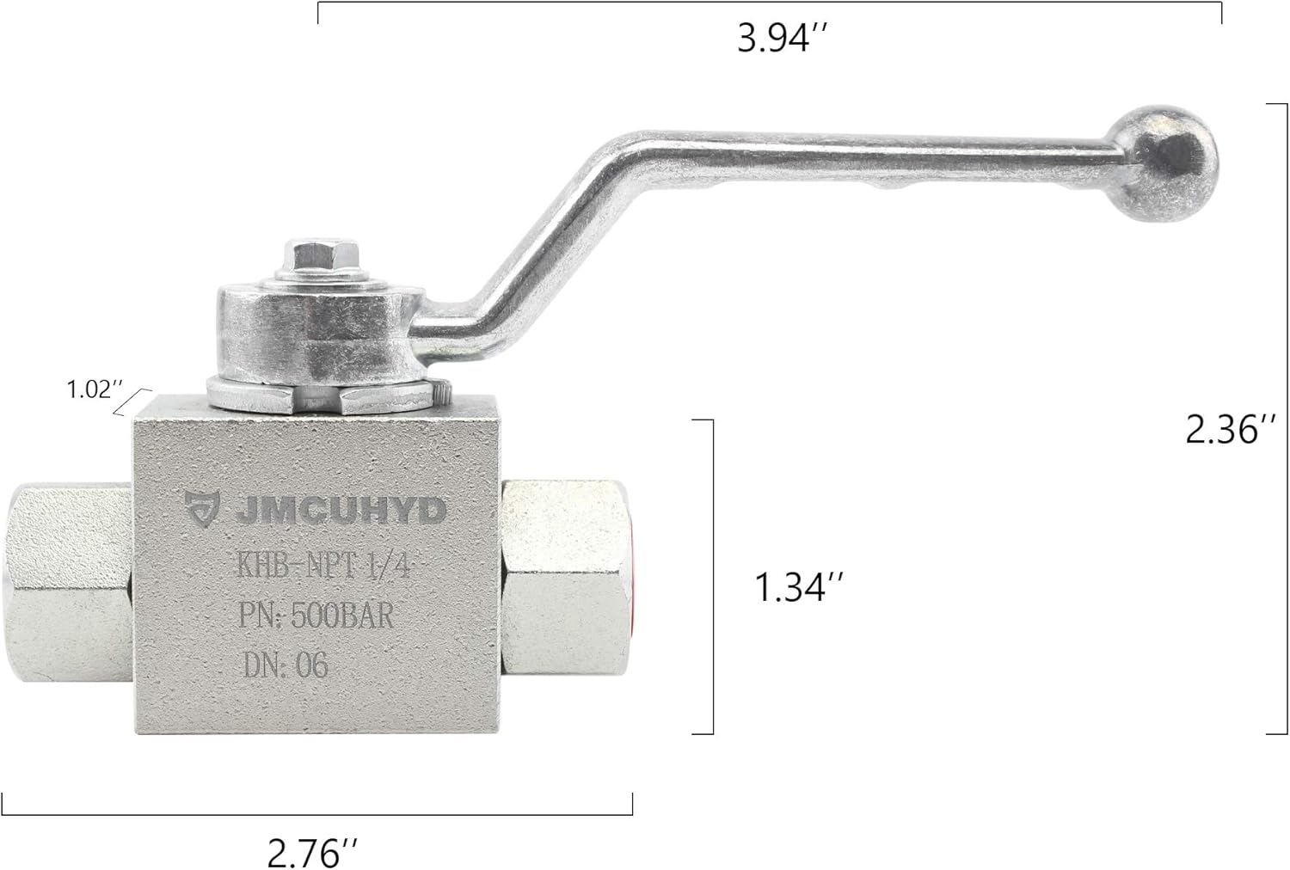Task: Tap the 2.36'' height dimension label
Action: (1223, 429)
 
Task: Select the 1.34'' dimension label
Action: (798, 588)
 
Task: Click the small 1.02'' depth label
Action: (89, 389)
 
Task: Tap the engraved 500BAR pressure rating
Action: (343, 616)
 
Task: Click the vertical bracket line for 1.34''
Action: (713, 577)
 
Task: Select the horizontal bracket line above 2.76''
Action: (318, 813)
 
